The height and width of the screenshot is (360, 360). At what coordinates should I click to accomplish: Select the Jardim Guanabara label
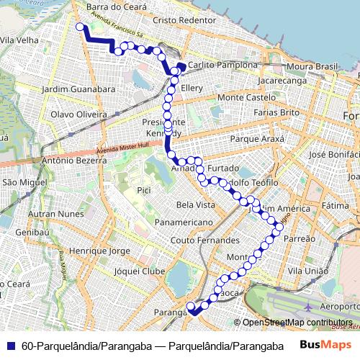pos(79,89)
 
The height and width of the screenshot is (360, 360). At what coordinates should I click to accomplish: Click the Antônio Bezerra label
pos(70,161)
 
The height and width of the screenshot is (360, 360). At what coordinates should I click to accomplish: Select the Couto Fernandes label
pos(205,240)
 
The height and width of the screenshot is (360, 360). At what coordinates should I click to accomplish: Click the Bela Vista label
pos(196,204)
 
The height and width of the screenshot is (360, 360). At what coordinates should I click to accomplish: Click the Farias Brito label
pos(276,113)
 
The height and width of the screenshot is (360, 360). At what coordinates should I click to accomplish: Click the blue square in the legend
pos(12,346)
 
